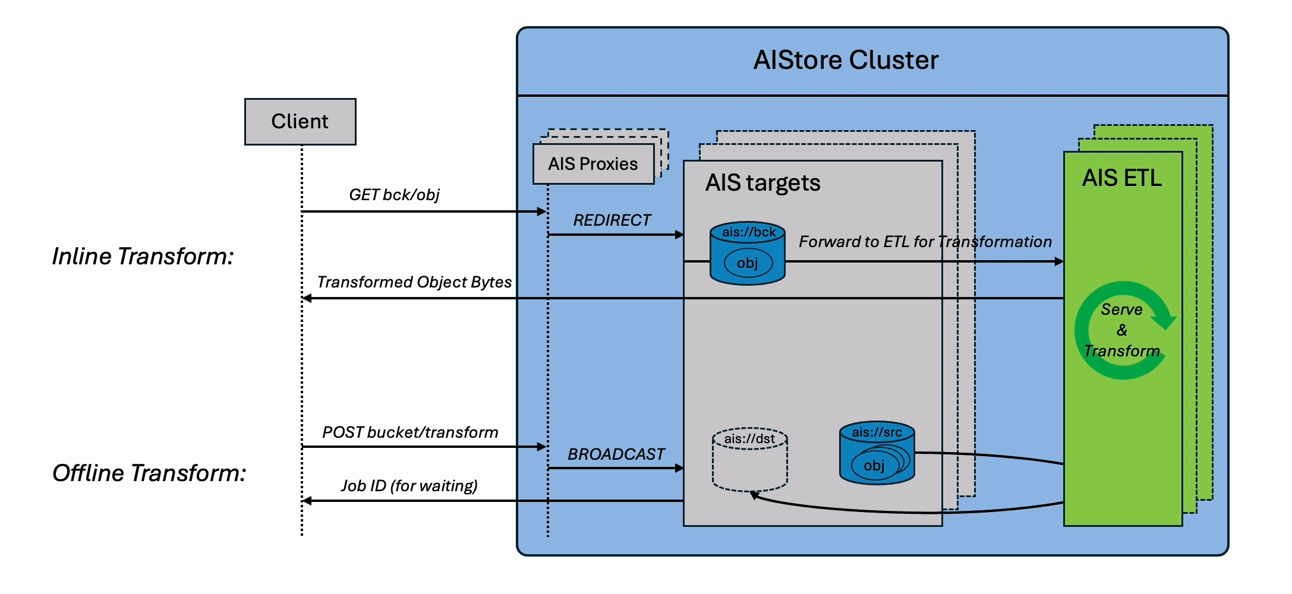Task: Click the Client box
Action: pos(300,122)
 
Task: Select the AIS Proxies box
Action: pos(593,164)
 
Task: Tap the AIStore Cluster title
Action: pos(846,60)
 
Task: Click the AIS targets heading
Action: pos(762,183)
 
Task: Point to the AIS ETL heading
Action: pos(1121,178)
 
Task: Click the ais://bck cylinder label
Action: pos(748,232)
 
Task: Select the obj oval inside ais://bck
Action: pos(748,263)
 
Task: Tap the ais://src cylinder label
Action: pos(877,432)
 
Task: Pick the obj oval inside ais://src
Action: pos(874,466)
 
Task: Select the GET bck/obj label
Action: pos(394,195)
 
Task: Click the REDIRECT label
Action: pos(612,220)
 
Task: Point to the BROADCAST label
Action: pos(616,454)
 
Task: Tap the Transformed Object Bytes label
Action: pos(414,282)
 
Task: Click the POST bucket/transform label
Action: pos(410,432)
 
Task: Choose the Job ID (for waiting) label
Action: pos(409,486)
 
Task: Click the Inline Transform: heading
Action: pos(143,257)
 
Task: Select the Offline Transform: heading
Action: pos(149,473)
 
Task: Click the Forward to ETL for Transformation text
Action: pos(925,242)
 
